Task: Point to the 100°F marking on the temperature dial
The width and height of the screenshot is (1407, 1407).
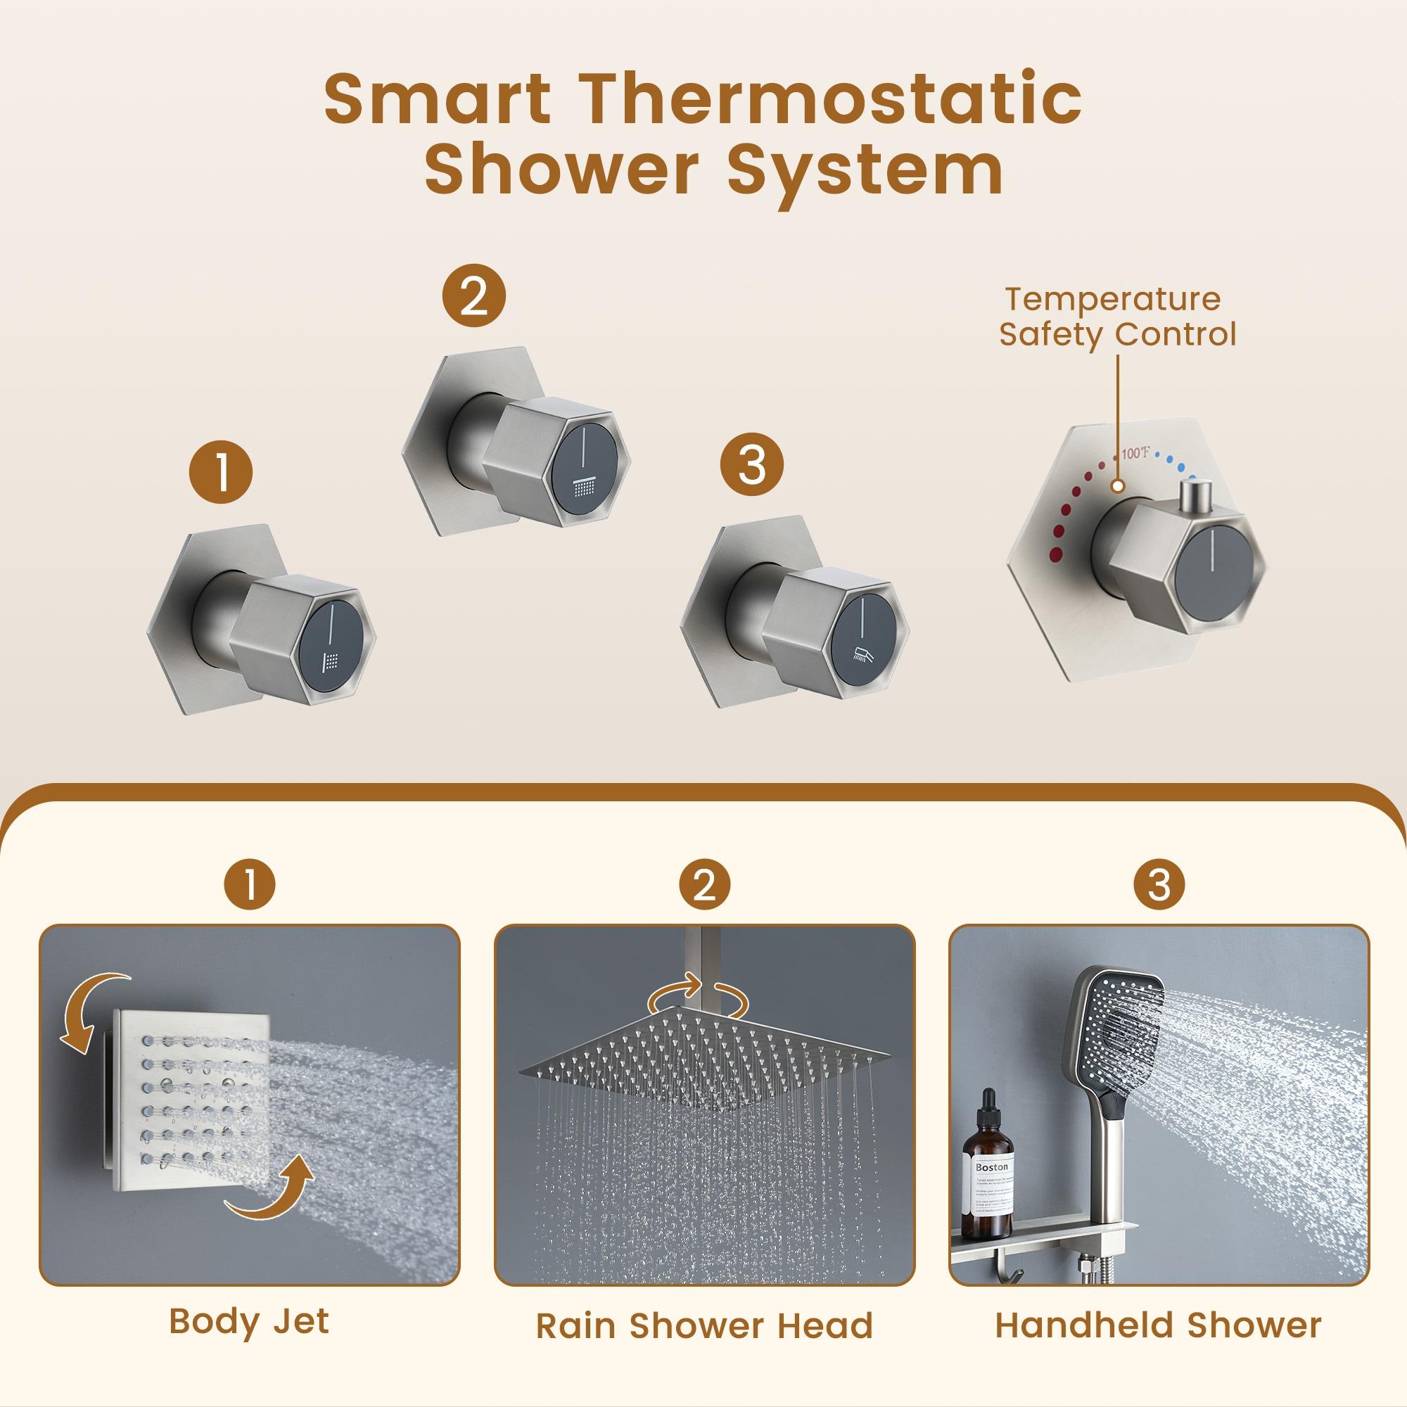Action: pyautogui.click(x=1135, y=454)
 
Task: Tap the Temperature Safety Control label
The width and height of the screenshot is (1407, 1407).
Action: pyautogui.click(x=1116, y=317)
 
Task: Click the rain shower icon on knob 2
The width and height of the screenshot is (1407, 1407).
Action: pyautogui.click(x=585, y=487)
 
